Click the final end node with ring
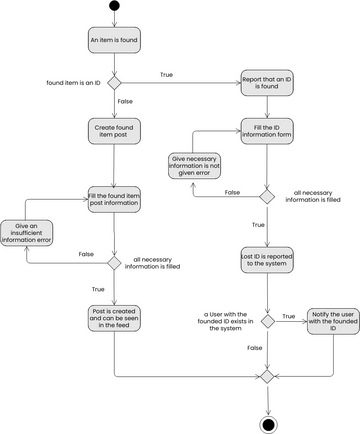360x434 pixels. point(267,423)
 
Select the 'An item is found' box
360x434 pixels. point(114,40)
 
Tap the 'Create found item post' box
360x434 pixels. point(114,134)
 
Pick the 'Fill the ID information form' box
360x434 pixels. point(267,130)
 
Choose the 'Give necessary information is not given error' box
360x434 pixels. point(194,166)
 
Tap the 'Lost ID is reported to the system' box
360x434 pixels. point(267,261)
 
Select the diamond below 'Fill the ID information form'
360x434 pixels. point(267,196)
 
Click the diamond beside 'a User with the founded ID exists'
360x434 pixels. point(267,321)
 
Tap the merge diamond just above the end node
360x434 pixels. point(267,376)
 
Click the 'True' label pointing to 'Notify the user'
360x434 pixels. point(289,316)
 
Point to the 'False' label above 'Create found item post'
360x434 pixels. point(124,101)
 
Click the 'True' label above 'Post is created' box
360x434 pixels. point(98,289)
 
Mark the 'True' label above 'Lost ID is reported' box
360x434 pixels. point(258,225)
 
